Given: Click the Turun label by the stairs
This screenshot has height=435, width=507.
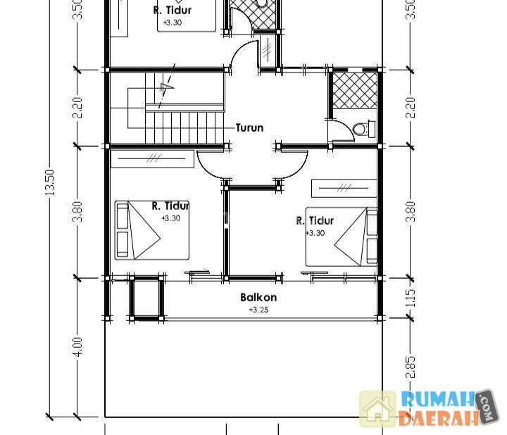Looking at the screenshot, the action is click(x=249, y=127).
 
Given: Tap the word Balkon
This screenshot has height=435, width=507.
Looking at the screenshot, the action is click(x=258, y=297).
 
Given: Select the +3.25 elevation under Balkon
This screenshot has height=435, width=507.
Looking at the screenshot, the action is click(x=258, y=310).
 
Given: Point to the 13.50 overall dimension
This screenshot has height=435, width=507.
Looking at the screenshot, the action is click(x=50, y=182).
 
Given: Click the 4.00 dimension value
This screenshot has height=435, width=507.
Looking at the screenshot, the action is click(x=78, y=347).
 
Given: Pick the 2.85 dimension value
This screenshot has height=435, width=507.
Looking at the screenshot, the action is click(x=410, y=367).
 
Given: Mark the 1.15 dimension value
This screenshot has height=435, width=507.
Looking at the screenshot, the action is click(x=410, y=298).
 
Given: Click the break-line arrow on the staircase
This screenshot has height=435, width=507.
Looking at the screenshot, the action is click(x=167, y=87).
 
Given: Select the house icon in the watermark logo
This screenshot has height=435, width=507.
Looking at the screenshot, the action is click(x=377, y=409).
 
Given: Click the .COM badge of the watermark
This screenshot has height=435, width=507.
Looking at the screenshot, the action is click(x=487, y=407).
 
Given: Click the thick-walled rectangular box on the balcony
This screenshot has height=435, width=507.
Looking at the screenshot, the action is click(x=146, y=298).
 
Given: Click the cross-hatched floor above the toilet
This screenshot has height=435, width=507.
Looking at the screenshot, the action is click(x=355, y=91).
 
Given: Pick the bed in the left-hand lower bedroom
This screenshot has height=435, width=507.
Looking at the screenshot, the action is click(x=151, y=230).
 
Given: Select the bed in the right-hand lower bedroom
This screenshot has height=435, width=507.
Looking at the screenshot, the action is click(x=342, y=237).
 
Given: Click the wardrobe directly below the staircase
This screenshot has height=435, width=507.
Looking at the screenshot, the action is click(x=152, y=158).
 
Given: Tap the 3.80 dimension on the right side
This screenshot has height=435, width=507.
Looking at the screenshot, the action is click(x=410, y=212).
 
